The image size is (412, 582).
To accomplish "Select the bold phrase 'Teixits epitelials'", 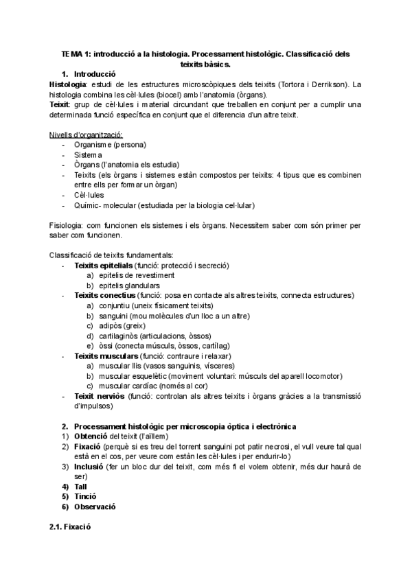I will coord(104,265).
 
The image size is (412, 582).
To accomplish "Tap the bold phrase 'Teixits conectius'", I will coord(105,295).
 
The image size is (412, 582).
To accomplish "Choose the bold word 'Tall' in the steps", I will coord(81,486).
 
